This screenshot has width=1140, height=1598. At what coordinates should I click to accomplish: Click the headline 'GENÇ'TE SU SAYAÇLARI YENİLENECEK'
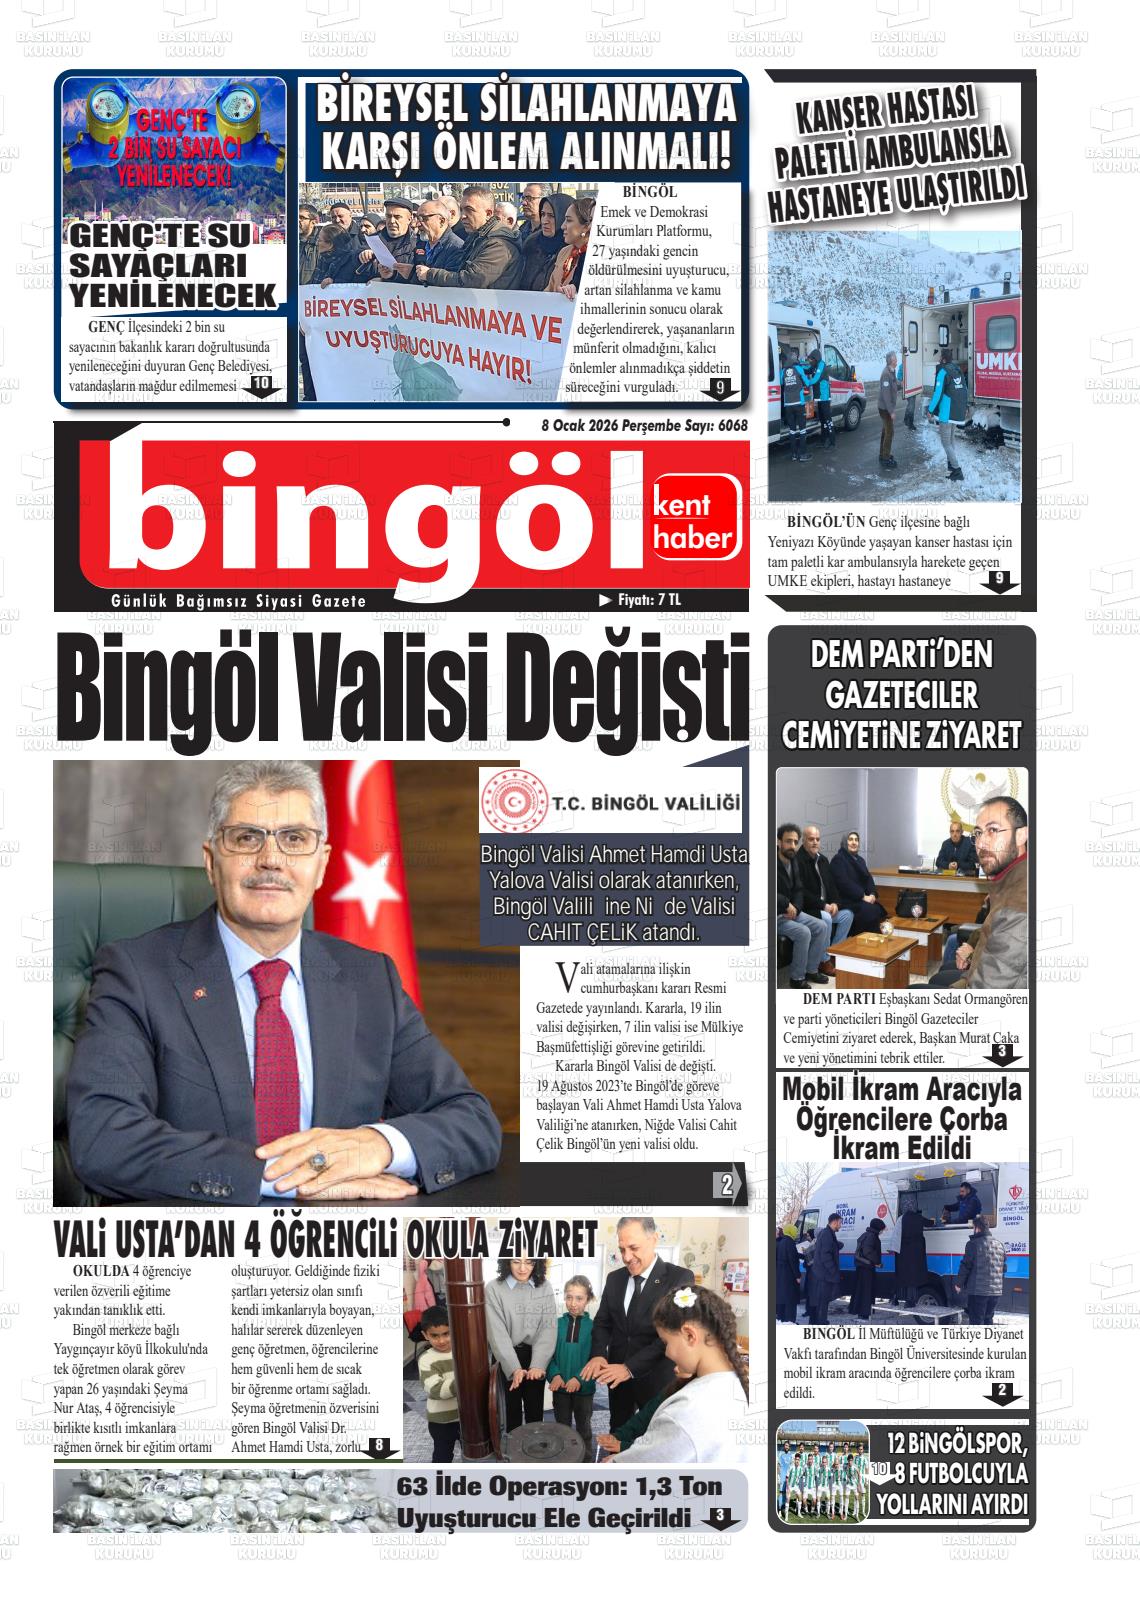point(173,267)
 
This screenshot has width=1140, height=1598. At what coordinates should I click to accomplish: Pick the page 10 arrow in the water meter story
point(261,385)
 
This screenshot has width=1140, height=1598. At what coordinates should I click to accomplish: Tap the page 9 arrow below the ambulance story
point(998,580)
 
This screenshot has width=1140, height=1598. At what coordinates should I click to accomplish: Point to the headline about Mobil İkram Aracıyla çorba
point(901,1119)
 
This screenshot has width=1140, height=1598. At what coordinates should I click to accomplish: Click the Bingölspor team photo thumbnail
point(822,1471)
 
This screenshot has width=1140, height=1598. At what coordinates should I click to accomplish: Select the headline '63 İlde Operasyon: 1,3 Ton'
point(559,1487)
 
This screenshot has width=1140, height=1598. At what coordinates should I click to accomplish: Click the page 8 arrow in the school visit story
point(379,1447)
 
